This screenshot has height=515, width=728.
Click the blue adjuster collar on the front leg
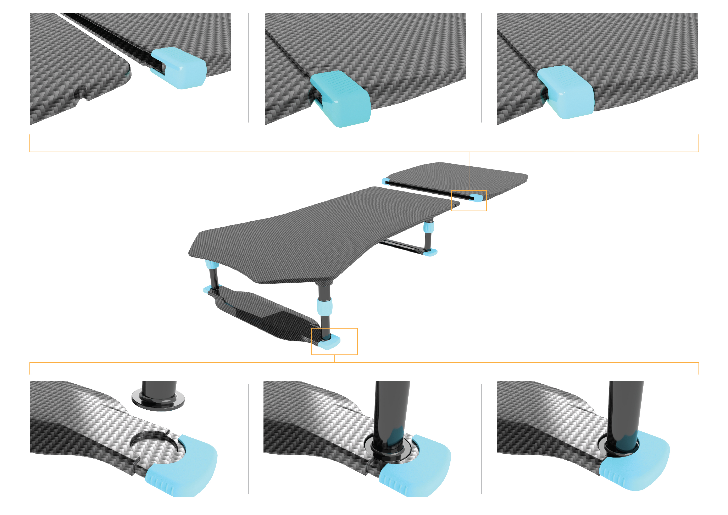pos(324,306)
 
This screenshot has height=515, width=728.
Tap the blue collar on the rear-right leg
pos(428,227)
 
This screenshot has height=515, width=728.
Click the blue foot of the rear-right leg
pos(430,253)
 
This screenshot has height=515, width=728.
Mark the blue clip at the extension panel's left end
pos(385,181)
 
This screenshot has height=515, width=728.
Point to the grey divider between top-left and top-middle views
pos(248,68)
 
